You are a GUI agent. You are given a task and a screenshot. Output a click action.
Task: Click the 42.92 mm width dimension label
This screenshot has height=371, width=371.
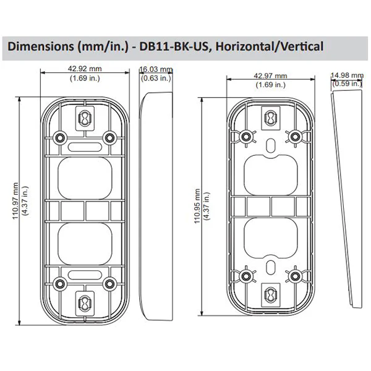[85, 69]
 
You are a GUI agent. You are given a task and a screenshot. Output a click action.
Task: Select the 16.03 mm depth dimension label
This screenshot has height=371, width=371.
[156, 69]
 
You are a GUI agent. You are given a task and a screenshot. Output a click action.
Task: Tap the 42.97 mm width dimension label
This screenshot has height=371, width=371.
[270, 75]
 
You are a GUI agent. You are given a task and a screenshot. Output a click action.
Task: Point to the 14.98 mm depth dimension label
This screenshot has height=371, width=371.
[347, 75]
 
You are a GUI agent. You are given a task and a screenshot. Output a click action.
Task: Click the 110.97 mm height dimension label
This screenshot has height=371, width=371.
[15, 201]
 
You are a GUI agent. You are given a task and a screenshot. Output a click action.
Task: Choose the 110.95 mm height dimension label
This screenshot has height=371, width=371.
[197, 206]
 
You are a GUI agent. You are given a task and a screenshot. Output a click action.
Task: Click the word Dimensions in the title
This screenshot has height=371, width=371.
[41, 46]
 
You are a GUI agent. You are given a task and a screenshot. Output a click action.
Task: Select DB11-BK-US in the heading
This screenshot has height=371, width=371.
[174, 46]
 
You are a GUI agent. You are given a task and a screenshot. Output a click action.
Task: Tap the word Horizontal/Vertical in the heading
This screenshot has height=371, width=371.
[269, 46]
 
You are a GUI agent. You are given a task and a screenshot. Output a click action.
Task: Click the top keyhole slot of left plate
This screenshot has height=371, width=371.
[85, 118]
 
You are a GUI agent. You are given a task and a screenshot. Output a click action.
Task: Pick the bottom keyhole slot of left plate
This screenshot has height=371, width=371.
[85, 304]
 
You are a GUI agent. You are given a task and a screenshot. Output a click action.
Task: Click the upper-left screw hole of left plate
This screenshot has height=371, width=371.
[59, 137]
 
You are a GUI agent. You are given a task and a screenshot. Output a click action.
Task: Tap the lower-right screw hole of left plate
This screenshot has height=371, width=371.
[109, 284]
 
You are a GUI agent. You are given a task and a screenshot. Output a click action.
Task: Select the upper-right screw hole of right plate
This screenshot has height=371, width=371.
[295, 137]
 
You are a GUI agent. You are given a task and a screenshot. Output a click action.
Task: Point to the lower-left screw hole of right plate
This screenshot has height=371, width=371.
[246, 276]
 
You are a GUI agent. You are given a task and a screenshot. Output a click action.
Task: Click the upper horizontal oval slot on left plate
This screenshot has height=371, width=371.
[85, 147]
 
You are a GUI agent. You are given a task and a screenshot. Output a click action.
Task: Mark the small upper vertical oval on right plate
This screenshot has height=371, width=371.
[271, 145]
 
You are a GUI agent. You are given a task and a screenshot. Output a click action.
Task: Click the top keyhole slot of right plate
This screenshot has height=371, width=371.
[271, 117]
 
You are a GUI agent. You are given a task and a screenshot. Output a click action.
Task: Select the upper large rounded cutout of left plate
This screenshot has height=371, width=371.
[85, 178]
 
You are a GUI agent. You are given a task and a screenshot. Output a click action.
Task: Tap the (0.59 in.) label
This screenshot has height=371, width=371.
[347, 83]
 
